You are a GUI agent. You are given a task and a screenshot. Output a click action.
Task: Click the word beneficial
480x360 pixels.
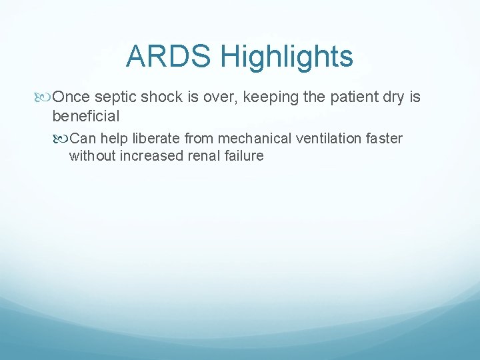pos(85,117)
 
